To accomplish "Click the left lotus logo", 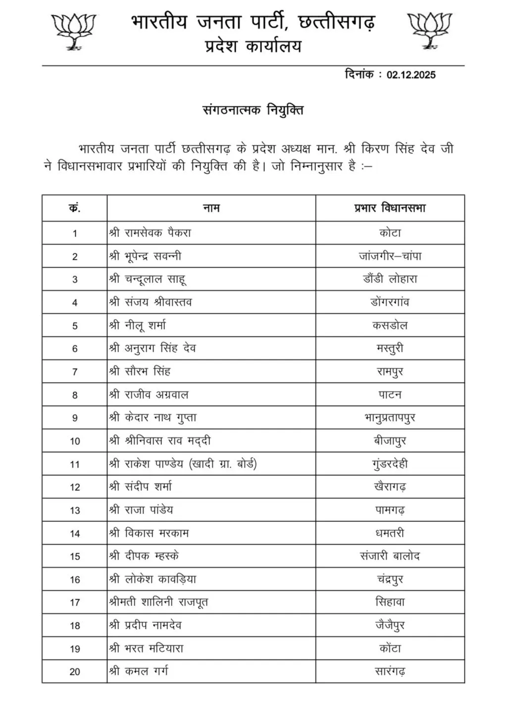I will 73,31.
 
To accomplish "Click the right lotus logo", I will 429,31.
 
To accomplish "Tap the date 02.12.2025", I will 411,75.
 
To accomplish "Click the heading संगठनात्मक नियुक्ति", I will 253,109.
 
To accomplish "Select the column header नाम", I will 211,208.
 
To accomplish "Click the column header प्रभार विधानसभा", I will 390,208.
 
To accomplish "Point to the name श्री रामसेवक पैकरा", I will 150,233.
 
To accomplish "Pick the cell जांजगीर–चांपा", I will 390,256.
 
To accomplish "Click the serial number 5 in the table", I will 75,326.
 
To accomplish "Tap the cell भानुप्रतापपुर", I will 390,418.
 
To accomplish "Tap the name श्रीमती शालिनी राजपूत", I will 158,603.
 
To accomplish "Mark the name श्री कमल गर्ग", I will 139,672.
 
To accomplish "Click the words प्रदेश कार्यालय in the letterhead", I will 253,47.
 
